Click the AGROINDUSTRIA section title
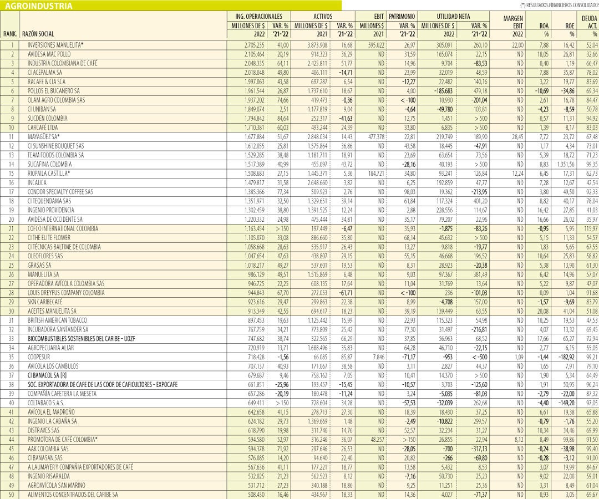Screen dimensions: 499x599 38,6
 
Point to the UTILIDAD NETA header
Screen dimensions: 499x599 454,17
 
